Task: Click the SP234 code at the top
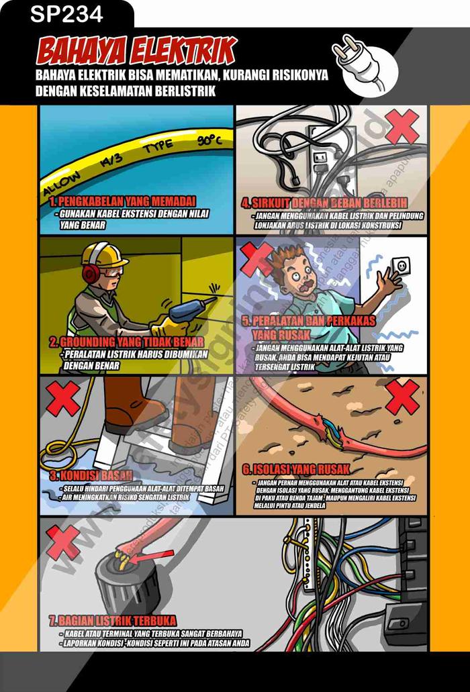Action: point(66,13)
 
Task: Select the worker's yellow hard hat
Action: point(104,254)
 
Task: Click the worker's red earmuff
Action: point(91,272)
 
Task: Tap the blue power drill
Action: point(188,310)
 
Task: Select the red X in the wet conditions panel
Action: point(64,399)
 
